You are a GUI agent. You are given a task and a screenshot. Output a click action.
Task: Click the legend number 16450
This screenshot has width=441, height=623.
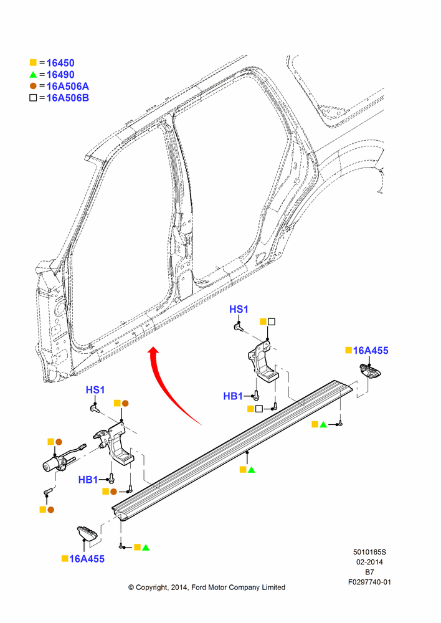(60, 63)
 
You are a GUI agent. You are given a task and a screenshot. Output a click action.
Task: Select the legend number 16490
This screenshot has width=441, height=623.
(60, 75)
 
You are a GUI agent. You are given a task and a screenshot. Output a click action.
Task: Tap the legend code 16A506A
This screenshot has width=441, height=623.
(67, 86)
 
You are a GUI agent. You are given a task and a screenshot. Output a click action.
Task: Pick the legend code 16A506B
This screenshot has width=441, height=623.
(67, 98)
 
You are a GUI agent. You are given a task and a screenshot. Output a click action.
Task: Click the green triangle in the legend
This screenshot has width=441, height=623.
(33, 75)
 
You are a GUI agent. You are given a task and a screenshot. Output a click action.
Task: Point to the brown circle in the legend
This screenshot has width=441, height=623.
(33, 86)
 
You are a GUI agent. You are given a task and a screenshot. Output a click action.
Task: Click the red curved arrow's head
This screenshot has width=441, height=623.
(153, 351)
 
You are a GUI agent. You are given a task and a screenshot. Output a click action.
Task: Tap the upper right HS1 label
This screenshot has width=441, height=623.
(239, 309)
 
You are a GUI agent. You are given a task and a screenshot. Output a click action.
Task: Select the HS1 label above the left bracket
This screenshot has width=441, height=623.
(95, 390)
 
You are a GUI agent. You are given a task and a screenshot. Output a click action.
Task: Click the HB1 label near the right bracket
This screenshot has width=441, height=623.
(233, 396)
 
